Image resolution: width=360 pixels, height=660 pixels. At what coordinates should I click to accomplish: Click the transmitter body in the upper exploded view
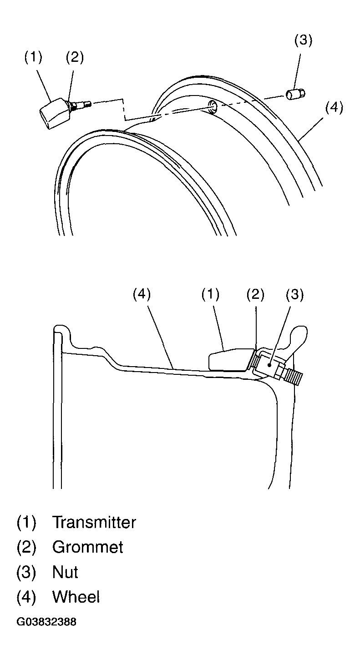pyautogui.click(x=55, y=113)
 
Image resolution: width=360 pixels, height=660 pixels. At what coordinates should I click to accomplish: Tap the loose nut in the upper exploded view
pyautogui.click(x=295, y=95)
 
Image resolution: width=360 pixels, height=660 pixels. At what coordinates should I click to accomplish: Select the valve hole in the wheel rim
pyautogui.click(x=213, y=106)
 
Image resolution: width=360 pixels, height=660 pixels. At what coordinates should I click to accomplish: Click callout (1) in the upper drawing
pyautogui.click(x=33, y=57)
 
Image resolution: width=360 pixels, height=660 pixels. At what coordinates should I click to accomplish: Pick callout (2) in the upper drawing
pyautogui.click(x=75, y=57)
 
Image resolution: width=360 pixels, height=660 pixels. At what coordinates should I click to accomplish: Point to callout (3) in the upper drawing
pyautogui.click(x=304, y=40)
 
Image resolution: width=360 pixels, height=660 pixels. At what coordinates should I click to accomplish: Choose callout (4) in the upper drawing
pyautogui.click(x=334, y=107)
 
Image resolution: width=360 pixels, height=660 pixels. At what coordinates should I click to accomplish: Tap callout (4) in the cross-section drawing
pyautogui.click(x=142, y=294)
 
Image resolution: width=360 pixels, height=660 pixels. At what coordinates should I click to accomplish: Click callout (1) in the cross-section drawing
pyautogui.click(x=211, y=294)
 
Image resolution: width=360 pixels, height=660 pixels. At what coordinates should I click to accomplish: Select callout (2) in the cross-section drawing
pyautogui.click(x=255, y=294)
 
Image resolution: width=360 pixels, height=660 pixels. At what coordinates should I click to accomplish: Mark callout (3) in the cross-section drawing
pyautogui.click(x=294, y=294)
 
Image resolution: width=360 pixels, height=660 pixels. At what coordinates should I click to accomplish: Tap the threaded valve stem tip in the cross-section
pyautogui.click(x=294, y=377)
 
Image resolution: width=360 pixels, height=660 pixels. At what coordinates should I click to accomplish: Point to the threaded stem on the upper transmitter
pyautogui.click(x=82, y=105)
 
